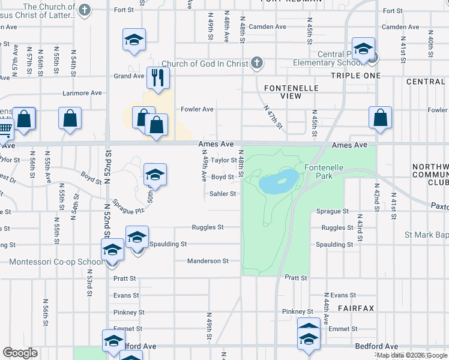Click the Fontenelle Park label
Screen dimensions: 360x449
[x=324, y=172]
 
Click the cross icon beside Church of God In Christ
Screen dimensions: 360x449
[x=256, y=62]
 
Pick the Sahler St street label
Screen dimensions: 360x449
[x=223, y=194]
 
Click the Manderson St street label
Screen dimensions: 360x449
[x=208, y=261]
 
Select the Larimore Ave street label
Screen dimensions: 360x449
[x=83, y=93]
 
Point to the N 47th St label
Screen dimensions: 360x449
[x=273, y=116]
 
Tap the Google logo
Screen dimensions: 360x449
[x=20, y=353]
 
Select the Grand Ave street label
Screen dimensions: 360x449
[x=130, y=76]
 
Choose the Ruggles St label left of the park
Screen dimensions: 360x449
[x=208, y=227]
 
